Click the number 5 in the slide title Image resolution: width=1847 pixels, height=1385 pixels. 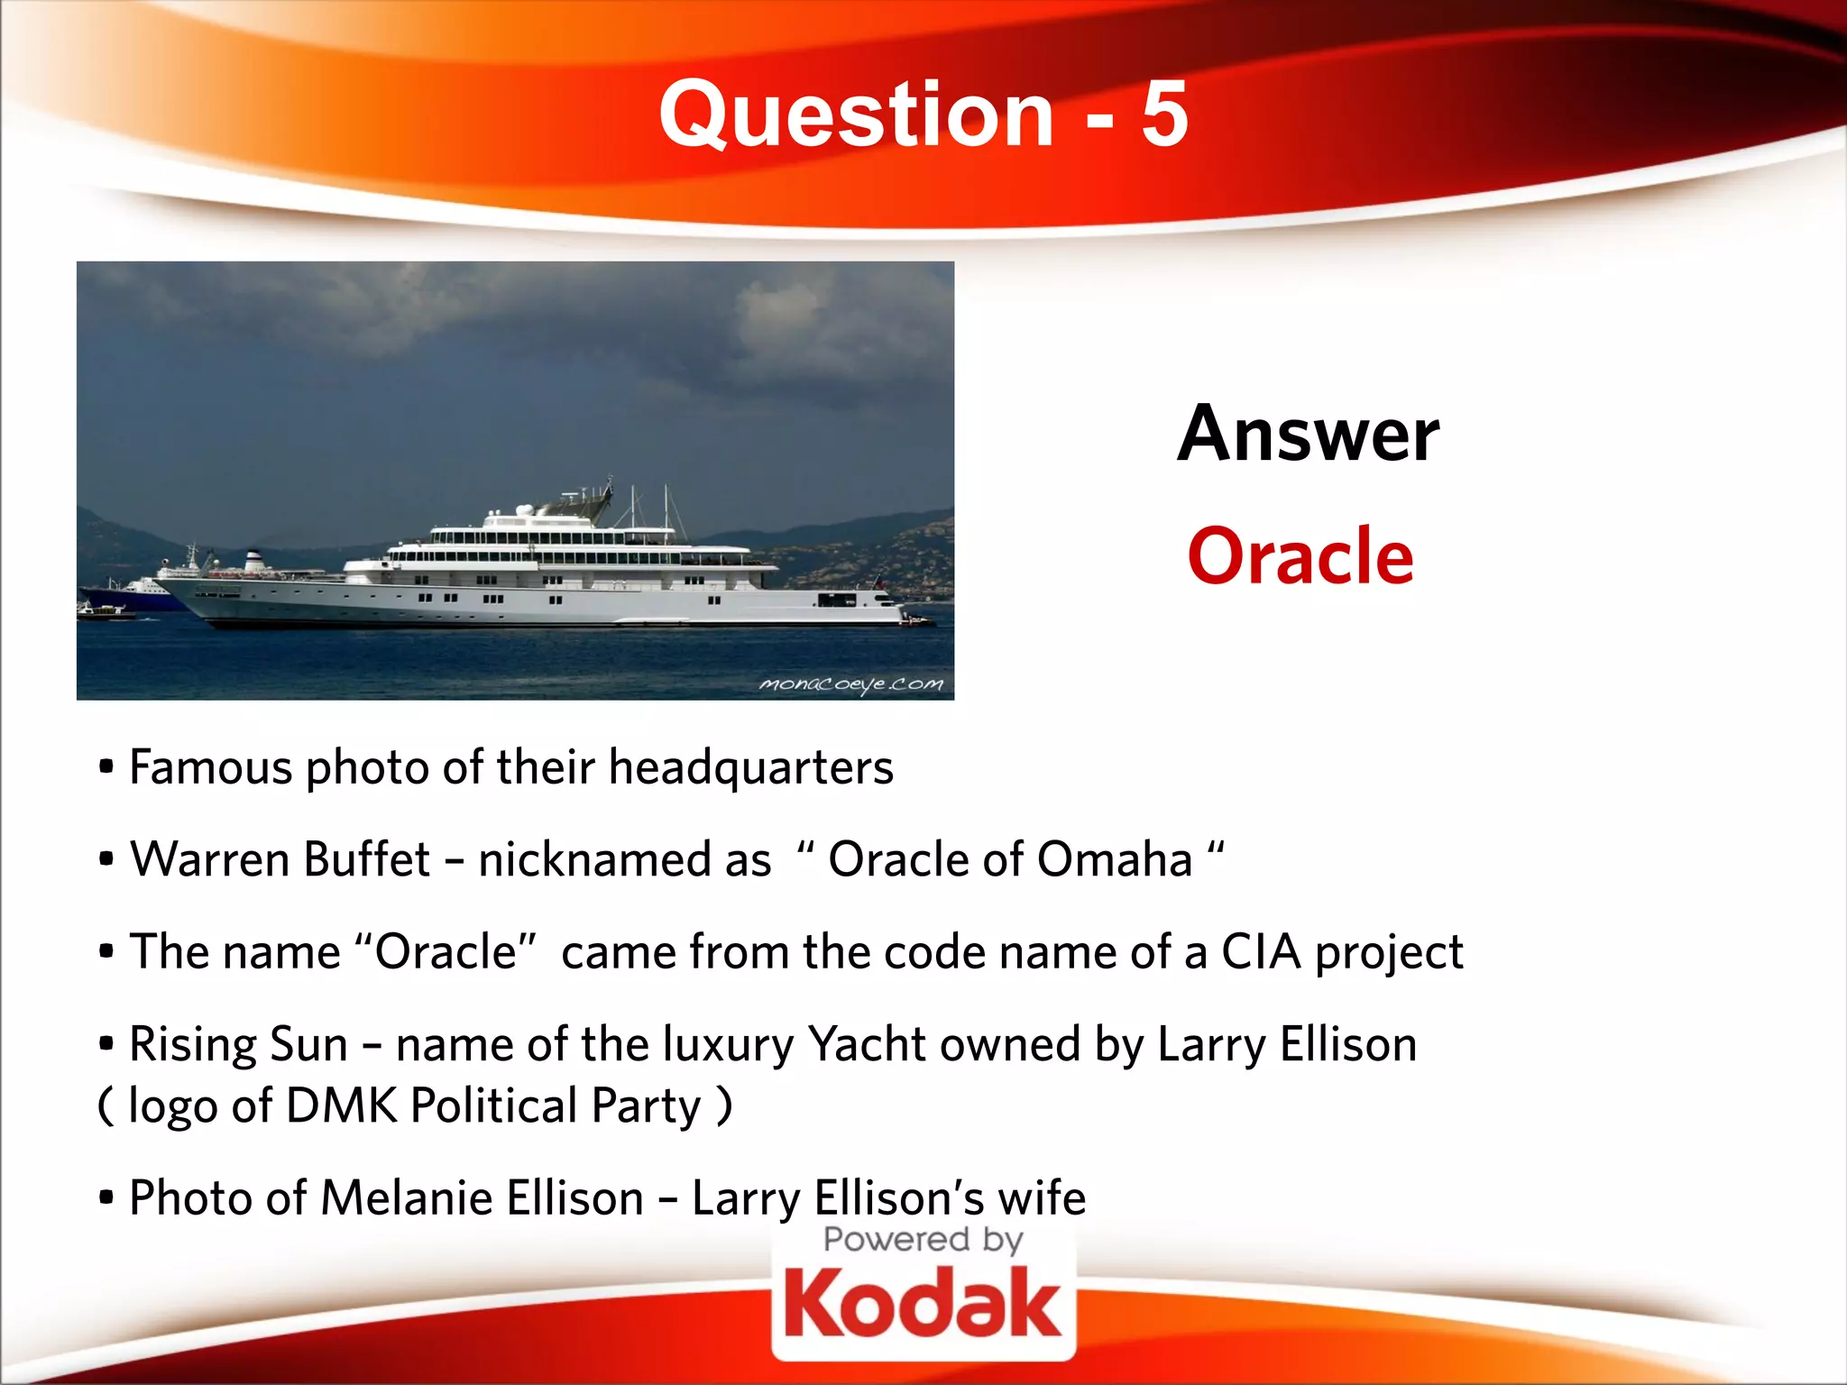point(1164,115)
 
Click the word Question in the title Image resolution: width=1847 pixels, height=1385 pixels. point(856,115)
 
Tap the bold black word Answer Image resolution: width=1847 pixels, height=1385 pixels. point(1308,435)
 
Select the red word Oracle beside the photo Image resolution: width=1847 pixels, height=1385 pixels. point(1300,556)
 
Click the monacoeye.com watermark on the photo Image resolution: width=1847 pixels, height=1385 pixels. point(851,684)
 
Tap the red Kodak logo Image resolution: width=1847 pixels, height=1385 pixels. point(923,1303)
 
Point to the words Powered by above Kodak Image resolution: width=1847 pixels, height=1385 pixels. point(923,1240)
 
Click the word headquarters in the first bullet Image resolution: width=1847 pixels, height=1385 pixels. point(750,768)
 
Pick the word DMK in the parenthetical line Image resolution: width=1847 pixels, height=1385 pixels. point(341,1106)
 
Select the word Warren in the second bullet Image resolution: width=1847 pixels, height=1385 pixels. point(210,859)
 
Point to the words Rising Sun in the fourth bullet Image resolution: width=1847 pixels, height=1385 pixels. point(238,1045)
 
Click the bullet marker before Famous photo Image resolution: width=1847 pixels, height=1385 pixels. point(106,768)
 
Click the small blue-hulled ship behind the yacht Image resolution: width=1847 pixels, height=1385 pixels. point(135,591)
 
